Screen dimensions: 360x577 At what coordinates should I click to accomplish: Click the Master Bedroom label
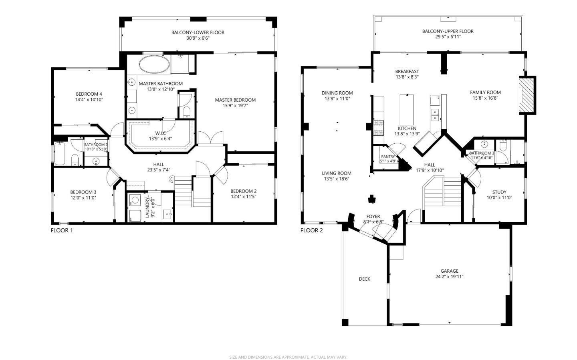[235, 100]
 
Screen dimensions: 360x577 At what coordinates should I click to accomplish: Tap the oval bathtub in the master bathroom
[155, 64]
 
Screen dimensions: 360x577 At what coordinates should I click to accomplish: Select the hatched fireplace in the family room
[527, 95]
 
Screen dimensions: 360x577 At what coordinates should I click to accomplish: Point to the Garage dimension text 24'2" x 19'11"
[449, 277]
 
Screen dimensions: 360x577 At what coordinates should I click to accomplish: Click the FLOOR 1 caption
[62, 230]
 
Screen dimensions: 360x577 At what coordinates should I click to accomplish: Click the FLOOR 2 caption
[311, 230]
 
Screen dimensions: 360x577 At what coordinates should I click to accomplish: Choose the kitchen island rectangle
[407, 109]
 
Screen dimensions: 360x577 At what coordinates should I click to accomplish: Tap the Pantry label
[388, 157]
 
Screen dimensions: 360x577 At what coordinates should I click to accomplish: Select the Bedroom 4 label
[89, 94]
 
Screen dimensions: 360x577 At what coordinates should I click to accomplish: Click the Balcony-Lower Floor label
[198, 32]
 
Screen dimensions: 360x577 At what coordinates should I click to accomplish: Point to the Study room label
[499, 192]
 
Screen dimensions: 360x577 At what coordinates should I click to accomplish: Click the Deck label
[365, 279]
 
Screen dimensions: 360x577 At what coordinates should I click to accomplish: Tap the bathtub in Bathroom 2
[60, 153]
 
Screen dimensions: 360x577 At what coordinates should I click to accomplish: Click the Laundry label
[147, 207]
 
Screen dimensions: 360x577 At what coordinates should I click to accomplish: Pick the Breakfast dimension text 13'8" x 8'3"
[407, 77]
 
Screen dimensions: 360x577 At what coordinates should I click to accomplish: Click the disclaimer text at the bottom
[288, 357]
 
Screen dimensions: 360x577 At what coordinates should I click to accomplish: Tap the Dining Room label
[337, 93]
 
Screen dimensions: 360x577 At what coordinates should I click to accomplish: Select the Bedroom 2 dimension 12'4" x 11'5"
[244, 197]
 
